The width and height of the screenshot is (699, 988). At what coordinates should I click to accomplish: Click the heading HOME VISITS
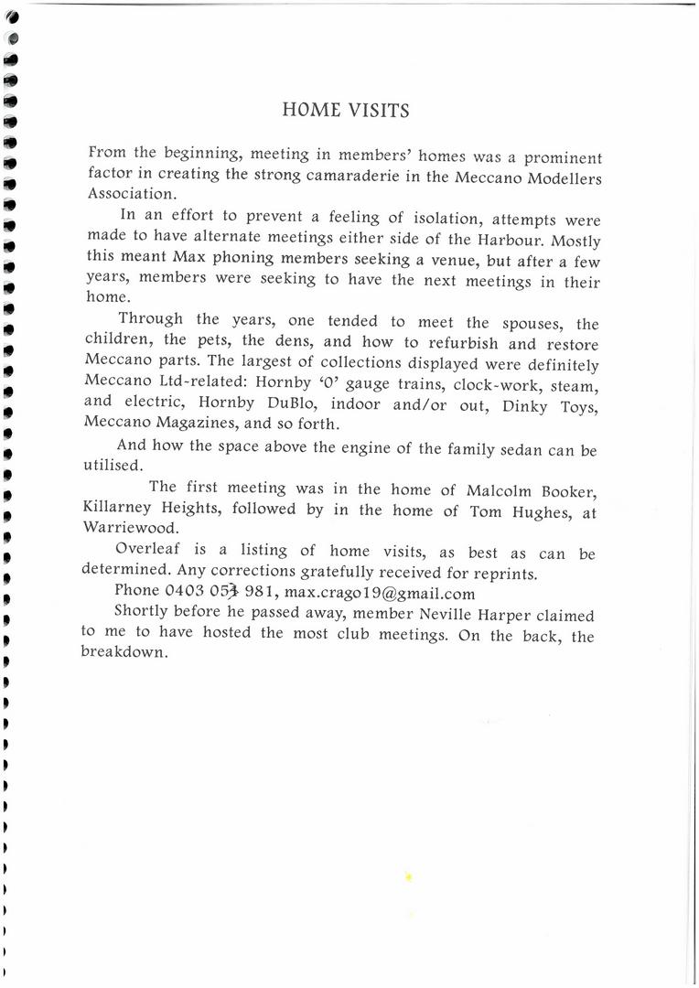click(x=346, y=111)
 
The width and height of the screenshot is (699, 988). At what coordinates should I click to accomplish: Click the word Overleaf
click(x=147, y=552)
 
